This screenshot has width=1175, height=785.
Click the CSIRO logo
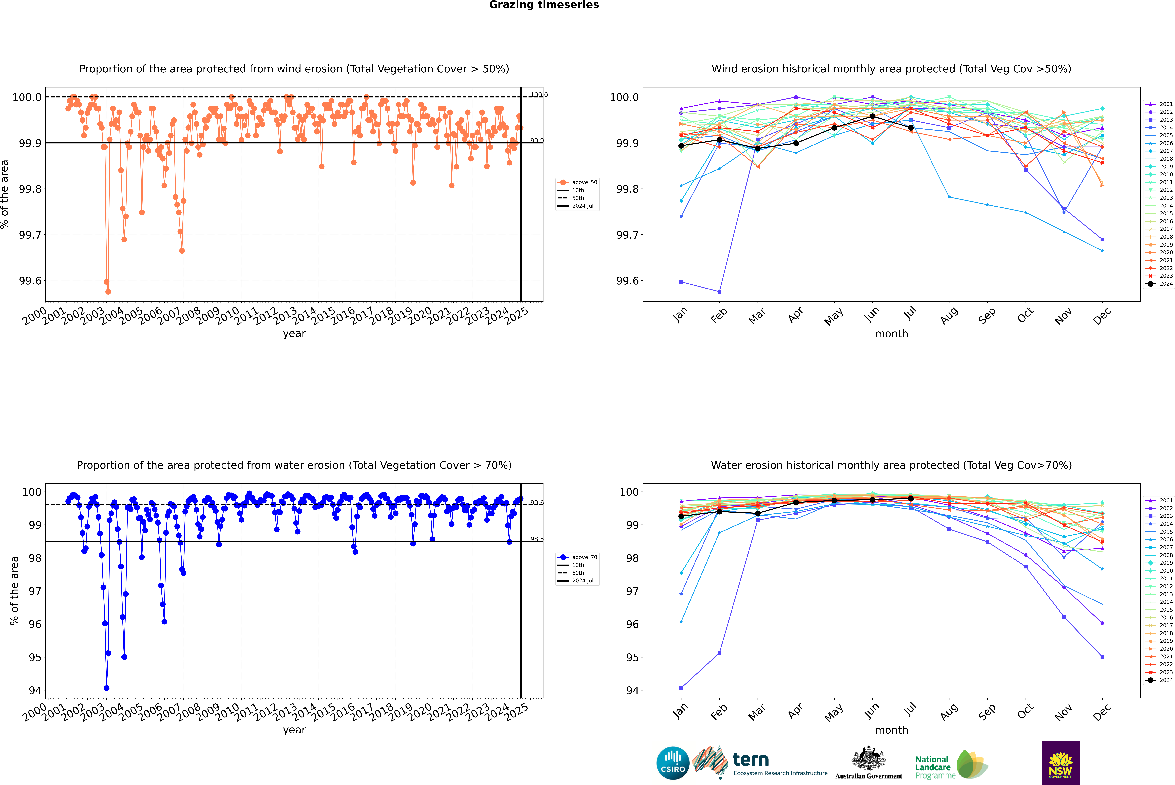tap(673, 763)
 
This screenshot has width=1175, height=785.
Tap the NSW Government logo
tap(1060, 763)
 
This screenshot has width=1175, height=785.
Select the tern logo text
tap(750, 760)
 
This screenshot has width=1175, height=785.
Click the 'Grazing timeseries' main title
tap(544, 5)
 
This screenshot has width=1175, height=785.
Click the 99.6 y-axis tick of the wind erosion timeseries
tap(30, 281)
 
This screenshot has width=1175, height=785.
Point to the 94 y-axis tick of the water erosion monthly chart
tap(632, 690)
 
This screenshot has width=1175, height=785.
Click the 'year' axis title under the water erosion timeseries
tap(294, 730)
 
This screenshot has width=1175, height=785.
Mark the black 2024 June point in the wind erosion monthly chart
tap(872, 116)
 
